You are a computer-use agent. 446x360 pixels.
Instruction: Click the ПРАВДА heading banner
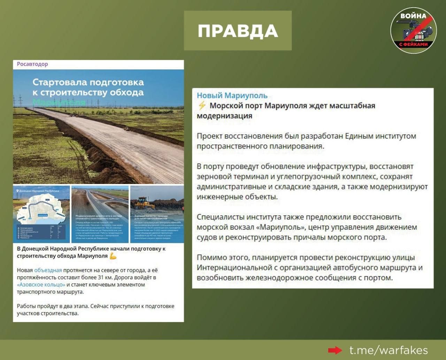(x=238, y=31)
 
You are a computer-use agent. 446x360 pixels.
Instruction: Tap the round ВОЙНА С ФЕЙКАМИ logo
(x=413, y=31)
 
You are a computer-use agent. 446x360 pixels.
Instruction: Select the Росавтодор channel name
(x=32, y=64)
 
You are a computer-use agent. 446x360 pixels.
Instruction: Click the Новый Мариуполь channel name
(x=232, y=95)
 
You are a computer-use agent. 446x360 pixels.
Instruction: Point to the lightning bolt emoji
(x=202, y=106)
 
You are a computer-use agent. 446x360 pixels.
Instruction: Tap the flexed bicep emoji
(x=113, y=256)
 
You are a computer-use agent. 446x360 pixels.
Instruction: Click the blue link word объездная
(x=48, y=270)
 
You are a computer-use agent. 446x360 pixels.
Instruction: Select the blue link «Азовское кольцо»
(x=41, y=285)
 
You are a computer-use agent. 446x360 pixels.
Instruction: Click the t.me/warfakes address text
(x=389, y=350)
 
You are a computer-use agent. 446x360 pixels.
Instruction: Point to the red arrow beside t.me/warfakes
(x=335, y=350)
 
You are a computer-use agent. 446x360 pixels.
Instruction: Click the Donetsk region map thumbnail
(x=41, y=214)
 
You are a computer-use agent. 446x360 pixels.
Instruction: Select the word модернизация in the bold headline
(x=224, y=116)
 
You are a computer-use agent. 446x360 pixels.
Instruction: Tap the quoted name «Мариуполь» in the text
(x=282, y=227)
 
